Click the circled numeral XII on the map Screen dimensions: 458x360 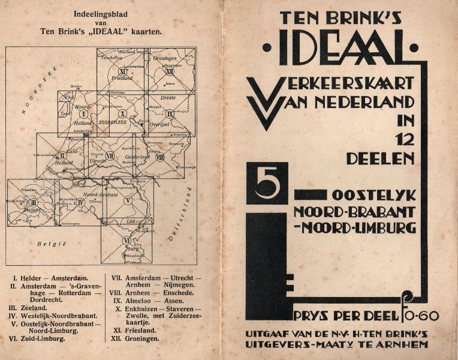(x=170, y=71)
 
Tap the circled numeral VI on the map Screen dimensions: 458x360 (x=126, y=240)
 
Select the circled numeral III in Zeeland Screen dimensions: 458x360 (x=34, y=203)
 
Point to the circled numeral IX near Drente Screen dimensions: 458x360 (x=170, y=113)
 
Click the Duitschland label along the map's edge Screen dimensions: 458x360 (x=180, y=213)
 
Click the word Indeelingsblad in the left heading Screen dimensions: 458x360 (x=96, y=14)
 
